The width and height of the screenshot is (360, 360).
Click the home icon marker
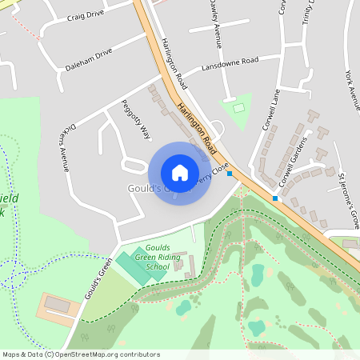pyautogui.click(x=180, y=173)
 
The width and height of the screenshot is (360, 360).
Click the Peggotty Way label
pyautogui.click(x=135, y=120)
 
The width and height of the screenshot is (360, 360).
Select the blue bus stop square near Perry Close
pyautogui.click(x=230, y=173)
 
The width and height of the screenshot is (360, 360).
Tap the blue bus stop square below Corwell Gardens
pyautogui.click(x=275, y=198)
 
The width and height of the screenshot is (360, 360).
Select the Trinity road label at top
pyautogui.click(x=307, y=12)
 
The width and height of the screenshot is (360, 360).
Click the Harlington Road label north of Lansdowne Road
pyautogui.click(x=173, y=62)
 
